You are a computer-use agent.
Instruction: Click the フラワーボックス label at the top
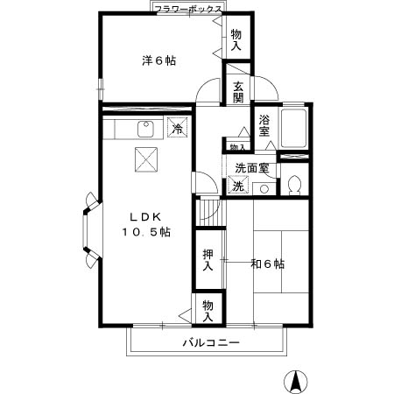click(186, 9)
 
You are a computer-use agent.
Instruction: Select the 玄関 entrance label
click(238, 92)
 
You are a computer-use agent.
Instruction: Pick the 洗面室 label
click(252, 167)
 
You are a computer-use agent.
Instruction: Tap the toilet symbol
click(295, 185)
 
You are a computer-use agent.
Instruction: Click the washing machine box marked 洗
click(237, 186)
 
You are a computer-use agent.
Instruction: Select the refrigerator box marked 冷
click(177, 129)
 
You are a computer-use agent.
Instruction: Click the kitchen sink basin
click(145, 131)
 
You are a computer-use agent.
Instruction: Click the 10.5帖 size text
click(145, 232)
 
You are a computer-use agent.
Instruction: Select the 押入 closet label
click(208, 258)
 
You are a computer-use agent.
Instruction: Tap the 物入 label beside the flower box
click(236, 40)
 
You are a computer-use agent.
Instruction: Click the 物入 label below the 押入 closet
click(208, 310)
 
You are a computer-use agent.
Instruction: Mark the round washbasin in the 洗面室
click(264, 187)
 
